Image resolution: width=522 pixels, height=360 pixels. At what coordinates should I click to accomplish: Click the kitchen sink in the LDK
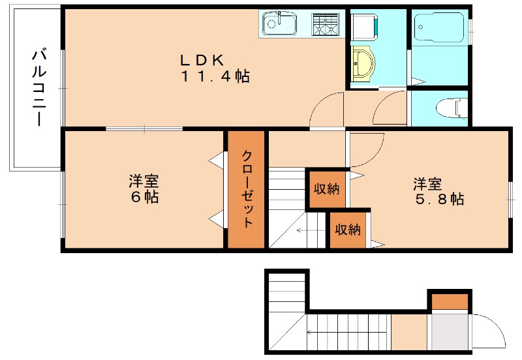279,25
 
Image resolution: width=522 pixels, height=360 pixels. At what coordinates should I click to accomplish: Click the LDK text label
202,59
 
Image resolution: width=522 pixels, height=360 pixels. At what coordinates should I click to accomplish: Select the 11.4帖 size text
215,76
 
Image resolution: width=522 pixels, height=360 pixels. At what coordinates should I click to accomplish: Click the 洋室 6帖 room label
144,188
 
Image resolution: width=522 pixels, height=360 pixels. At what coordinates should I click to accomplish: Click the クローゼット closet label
247,189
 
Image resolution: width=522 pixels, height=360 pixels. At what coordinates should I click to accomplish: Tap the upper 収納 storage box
326,189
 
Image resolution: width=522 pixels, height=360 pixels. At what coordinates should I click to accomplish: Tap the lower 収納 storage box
348,230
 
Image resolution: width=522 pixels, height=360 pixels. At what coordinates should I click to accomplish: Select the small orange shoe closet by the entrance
450,301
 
